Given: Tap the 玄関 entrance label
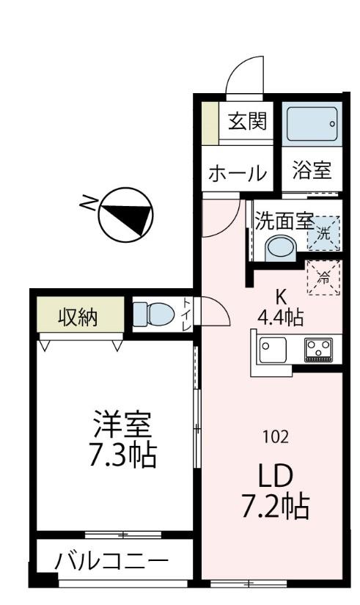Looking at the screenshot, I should (246, 121).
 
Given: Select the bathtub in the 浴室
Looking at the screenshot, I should (311, 125).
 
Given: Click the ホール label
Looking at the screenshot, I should (237, 174).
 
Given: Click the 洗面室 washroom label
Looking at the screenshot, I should (284, 220).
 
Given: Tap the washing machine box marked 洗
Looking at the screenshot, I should (323, 234).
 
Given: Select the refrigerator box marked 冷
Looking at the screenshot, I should (323, 277).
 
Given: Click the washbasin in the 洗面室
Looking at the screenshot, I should (279, 247).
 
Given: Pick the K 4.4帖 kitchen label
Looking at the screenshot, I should (281, 308).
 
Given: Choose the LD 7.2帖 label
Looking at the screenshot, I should (275, 491).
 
